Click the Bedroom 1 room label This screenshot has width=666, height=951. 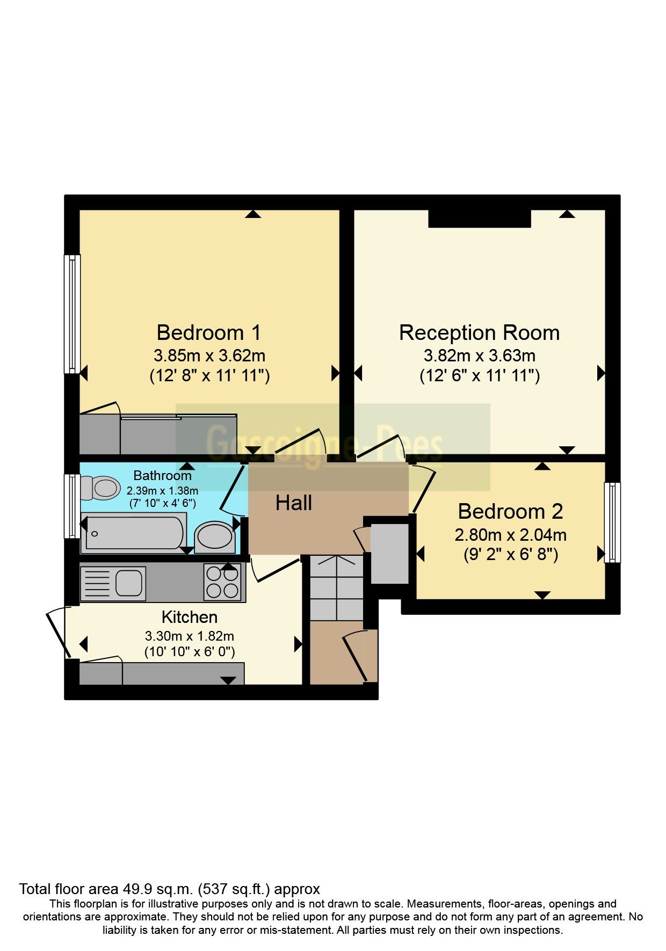pyautogui.click(x=209, y=333)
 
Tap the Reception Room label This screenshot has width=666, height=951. pyautogui.click(x=479, y=333)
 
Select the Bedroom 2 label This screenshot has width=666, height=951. pyautogui.click(x=510, y=512)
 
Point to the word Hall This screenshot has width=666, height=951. pyautogui.click(x=294, y=503)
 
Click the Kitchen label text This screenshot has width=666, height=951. pyautogui.click(x=190, y=616)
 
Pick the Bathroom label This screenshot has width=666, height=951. pyautogui.click(x=162, y=475)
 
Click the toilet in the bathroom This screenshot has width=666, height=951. pyautogui.click(x=100, y=488)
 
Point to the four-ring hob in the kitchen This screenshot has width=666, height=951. pyautogui.click(x=222, y=583)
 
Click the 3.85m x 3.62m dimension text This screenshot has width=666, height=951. pyautogui.click(x=209, y=355)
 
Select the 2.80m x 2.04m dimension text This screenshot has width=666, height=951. pyautogui.click(x=511, y=535)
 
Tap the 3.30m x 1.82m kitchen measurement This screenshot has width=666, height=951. pyautogui.click(x=190, y=636)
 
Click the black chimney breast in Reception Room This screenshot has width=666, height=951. pyautogui.click(x=480, y=218)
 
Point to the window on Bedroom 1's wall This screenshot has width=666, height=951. pyautogui.click(x=72, y=314)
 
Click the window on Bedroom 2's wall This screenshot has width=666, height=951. pyautogui.click(x=612, y=522)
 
